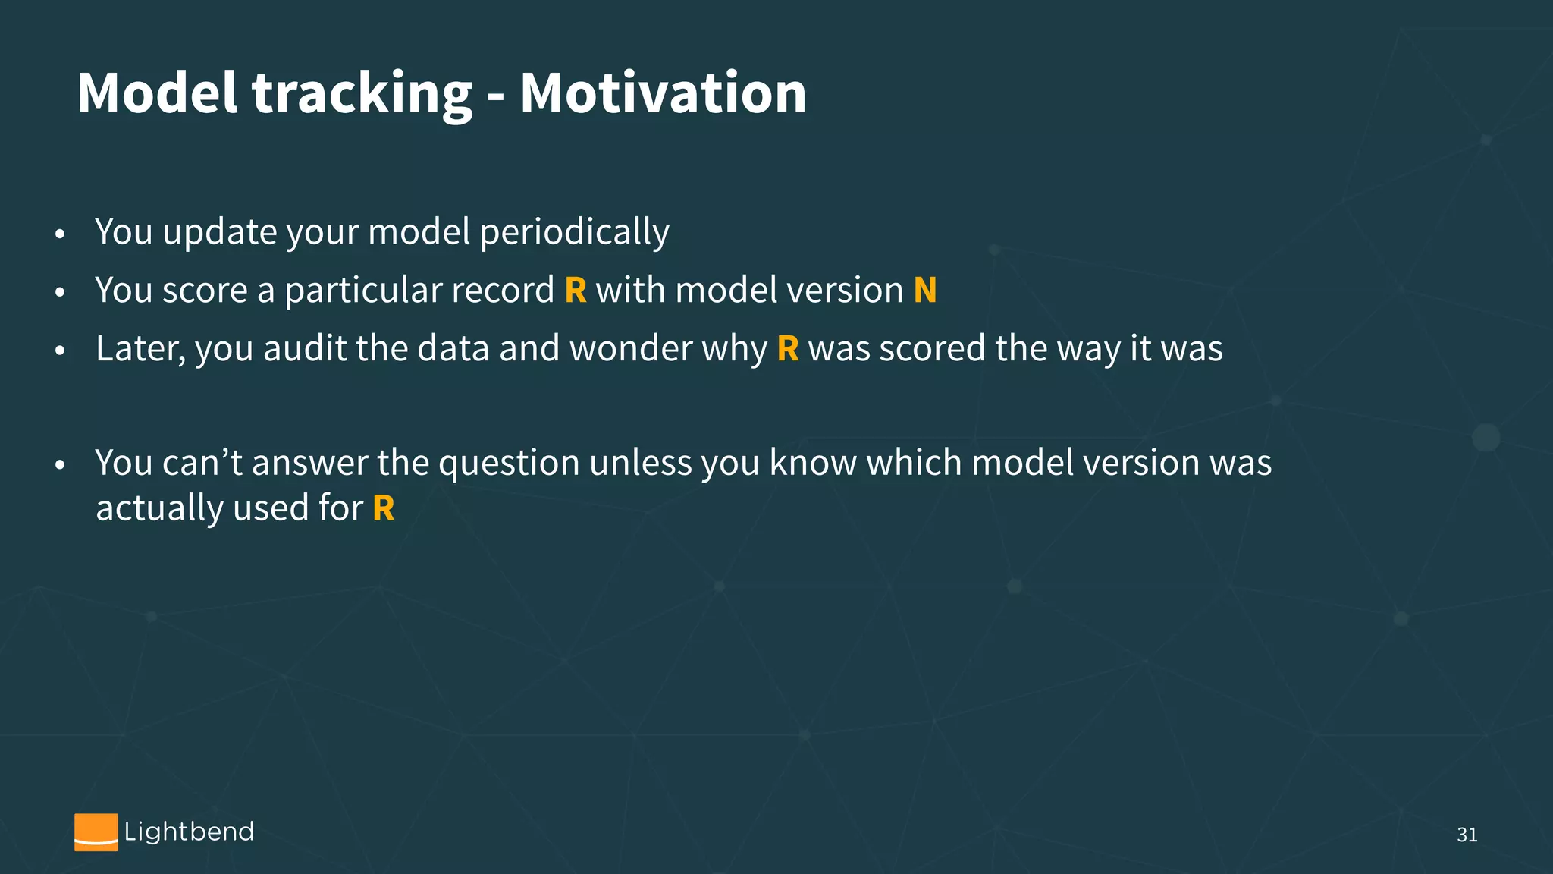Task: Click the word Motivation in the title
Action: pyautogui.click(x=663, y=93)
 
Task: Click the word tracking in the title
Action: pyautogui.click(x=361, y=93)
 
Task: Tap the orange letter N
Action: pyautogui.click(x=925, y=291)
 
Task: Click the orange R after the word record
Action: pyautogui.click(x=576, y=291)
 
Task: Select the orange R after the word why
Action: pyautogui.click(x=788, y=349)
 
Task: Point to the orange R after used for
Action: pyautogui.click(x=384, y=508)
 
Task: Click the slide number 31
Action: pyautogui.click(x=1467, y=835)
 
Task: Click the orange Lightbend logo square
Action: pyautogui.click(x=96, y=832)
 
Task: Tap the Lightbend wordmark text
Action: pyautogui.click(x=189, y=832)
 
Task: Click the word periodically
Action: pyautogui.click(x=574, y=232)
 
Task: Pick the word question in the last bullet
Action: pyautogui.click(x=509, y=463)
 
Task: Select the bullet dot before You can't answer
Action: pyautogui.click(x=60, y=465)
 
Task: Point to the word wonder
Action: pyautogui.click(x=631, y=349)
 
